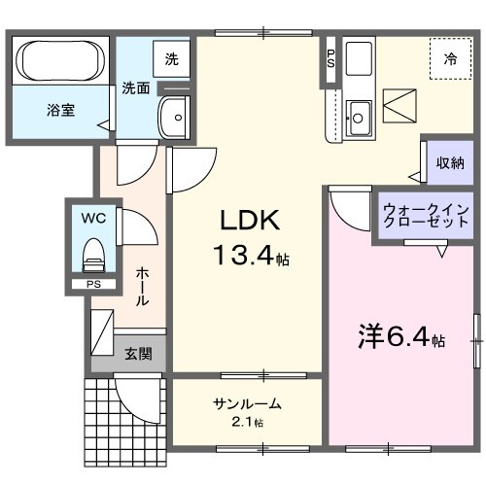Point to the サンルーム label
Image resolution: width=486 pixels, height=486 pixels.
pyautogui.click(x=248, y=403)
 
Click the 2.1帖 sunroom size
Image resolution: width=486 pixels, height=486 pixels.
pyautogui.click(x=248, y=422)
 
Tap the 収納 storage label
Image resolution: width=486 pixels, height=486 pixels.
pyautogui.click(x=449, y=162)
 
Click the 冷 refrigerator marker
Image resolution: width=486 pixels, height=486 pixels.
pyautogui.click(x=450, y=59)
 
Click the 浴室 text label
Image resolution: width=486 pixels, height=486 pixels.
pyautogui.click(x=60, y=109)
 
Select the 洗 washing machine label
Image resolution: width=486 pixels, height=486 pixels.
pyautogui.click(x=171, y=58)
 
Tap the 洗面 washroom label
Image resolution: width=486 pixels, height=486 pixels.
pyautogui.click(x=135, y=87)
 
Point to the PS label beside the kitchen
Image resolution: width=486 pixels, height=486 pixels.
pyautogui.click(x=331, y=59)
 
